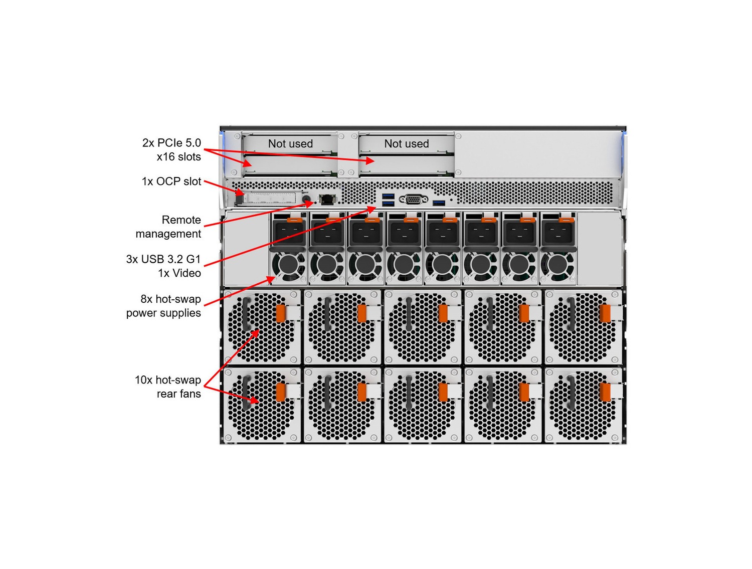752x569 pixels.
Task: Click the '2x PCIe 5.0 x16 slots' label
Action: pos(171,150)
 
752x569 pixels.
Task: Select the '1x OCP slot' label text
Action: pos(171,181)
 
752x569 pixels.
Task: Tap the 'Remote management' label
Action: pos(168,227)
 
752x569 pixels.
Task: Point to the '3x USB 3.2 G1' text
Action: pos(163,259)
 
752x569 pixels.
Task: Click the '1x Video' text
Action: pos(179,273)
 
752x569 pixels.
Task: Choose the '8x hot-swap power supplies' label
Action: pos(164,306)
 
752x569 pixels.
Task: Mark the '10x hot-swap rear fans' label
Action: pos(168,387)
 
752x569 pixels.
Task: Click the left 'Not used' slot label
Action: pos(290,144)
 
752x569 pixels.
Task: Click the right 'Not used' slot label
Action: pos(407,144)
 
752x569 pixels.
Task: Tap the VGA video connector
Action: pos(413,200)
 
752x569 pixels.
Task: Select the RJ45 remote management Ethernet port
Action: pos(327,199)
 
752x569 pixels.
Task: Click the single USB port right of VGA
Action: pos(439,203)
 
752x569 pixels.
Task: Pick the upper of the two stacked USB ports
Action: pos(388,196)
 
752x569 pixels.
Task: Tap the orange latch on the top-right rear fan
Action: pos(605,313)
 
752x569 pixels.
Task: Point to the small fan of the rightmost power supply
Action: pos(557,266)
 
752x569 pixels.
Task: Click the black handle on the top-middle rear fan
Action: pos(409,314)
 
